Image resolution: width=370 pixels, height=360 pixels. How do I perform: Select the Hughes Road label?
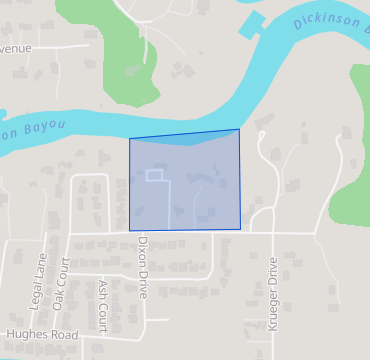42,335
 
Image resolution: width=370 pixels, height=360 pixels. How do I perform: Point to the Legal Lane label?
41,281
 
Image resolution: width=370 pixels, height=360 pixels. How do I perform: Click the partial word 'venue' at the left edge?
15,48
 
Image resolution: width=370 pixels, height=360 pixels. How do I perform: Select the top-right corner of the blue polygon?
239,129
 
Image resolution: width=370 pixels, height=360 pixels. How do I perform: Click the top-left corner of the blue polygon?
130,139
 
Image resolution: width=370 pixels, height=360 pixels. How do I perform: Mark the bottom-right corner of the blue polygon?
241,230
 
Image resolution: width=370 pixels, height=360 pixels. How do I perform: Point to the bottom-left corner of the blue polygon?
130,230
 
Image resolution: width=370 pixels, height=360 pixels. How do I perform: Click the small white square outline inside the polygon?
154,175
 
